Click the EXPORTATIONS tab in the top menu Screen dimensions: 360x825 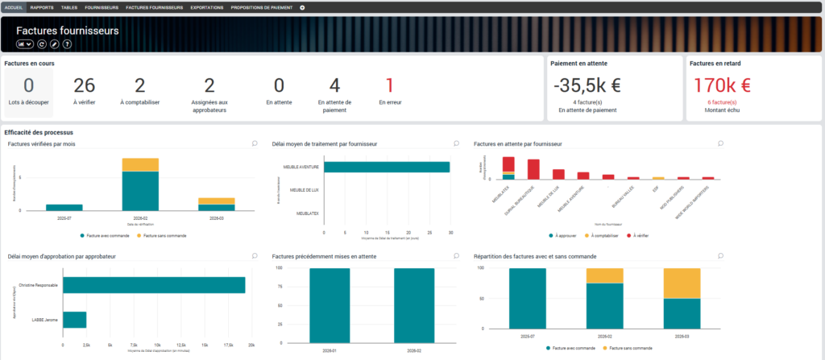pyautogui.click(x=207, y=7)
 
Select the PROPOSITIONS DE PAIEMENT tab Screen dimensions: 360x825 pyautogui.click(x=262, y=7)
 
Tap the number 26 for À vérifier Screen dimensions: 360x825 pyautogui.click(x=85, y=85)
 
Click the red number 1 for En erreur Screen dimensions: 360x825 pyautogui.click(x=389, y=85)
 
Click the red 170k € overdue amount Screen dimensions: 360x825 pyautogui.click(x=722, y=85)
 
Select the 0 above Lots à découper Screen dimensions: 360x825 pyautogui.click(x=28, y=85)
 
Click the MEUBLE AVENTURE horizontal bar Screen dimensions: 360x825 pyautogui.click(x=387, y=167)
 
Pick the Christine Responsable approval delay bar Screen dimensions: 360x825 pyautogui.click(x=154, y=285)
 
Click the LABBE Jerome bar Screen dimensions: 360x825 pyautogui.click(x=75, y=320)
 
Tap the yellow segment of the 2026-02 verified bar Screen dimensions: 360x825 pyautogui.click(x=140, y=164)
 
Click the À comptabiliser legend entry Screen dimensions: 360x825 pyautogui.click(x=597, y=235)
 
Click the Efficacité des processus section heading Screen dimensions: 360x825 pyautogui.click(x=39, y=131)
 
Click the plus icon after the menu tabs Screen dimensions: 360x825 pyautogui.click(x=302, y=7)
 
